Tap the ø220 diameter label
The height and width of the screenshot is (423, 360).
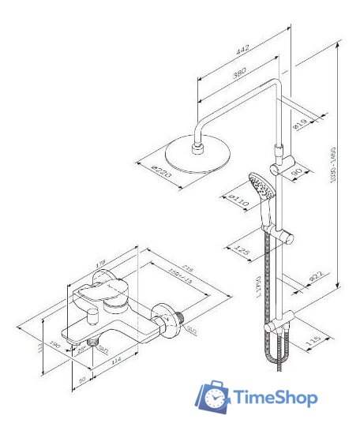point(161,171)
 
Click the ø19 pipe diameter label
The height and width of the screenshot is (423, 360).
point(301,123)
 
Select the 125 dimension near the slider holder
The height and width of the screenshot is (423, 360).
point(244,250)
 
